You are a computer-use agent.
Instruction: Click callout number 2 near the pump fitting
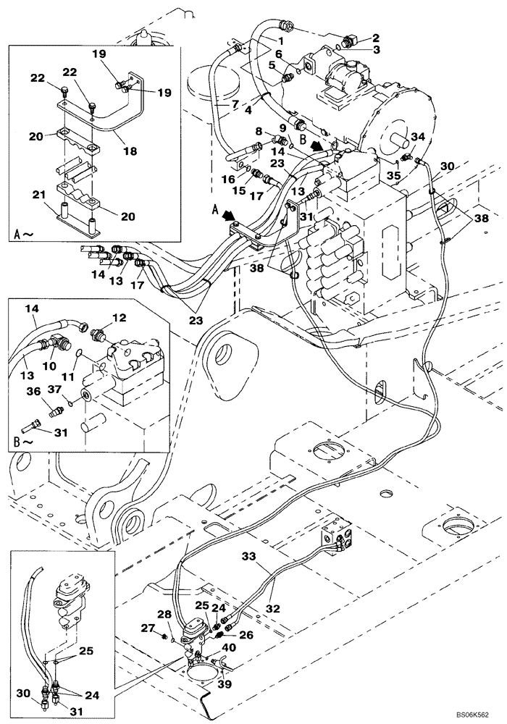[375, 38]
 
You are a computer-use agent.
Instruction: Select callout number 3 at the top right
[375, 50]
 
